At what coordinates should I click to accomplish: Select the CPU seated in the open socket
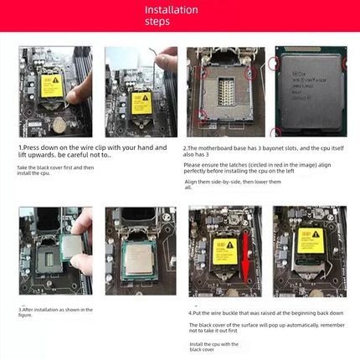(x=137, y=254)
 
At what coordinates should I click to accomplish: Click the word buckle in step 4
(x=236, y=312)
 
